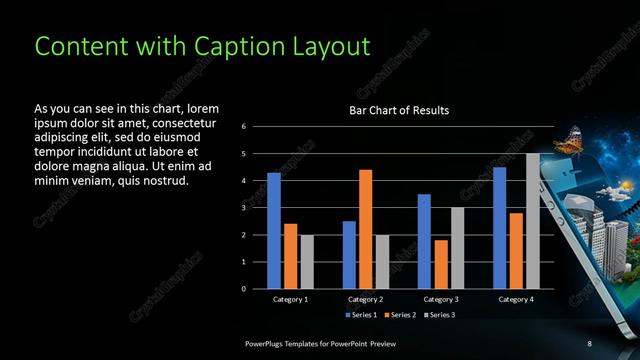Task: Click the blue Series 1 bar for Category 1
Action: tap(273, 231)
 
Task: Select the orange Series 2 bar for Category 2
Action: tap(365, 229)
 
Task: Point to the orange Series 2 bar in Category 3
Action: tap(441, 264)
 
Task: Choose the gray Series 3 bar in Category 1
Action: tap(306, 262)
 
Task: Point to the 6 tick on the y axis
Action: tap(244, 127)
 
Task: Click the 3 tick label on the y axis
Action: tap(244, 208)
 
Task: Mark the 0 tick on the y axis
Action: tap(244, 289)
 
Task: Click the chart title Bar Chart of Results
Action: tap(398, 110)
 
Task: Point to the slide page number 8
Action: tap(590, 343)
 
